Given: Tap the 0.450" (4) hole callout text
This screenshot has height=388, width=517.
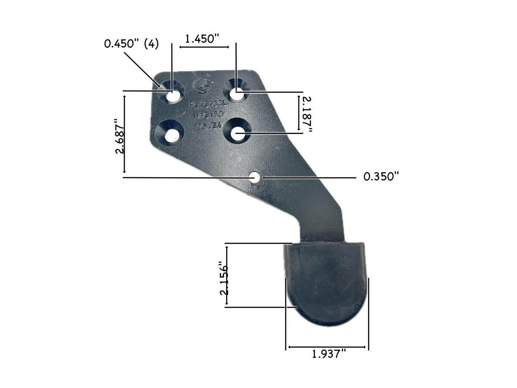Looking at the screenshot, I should tap(131, 44).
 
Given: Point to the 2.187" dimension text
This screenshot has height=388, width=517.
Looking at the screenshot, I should tap(307, 113).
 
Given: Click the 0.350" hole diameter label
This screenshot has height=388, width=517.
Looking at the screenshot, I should tap(381, 177).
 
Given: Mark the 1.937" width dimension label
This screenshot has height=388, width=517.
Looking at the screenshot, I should tap(329, 354).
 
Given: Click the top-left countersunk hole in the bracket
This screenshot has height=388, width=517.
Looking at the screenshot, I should tap(172, 96).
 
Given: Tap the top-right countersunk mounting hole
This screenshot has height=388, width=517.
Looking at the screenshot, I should tap(236, 92).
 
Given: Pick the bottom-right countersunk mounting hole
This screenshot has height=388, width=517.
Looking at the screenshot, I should tap(237, 133).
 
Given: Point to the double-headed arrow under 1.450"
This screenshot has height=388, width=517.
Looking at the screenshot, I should tap(204, 46).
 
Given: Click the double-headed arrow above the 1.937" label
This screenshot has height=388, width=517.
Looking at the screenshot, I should tap(327, 347).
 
